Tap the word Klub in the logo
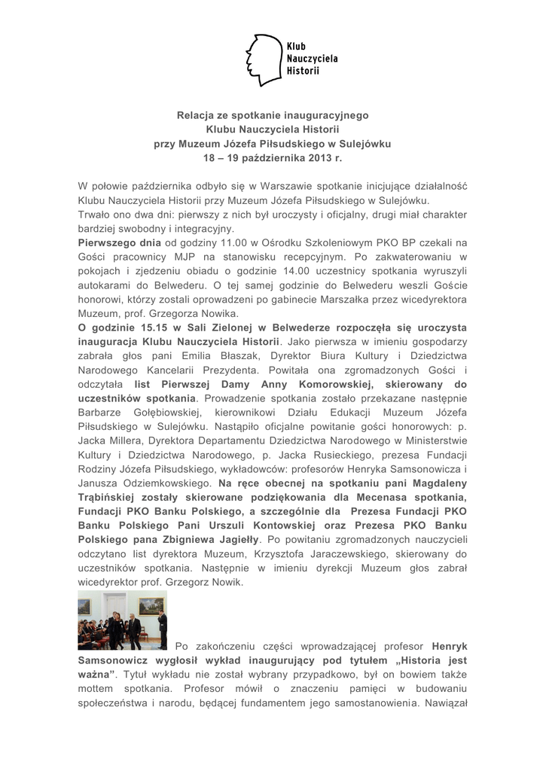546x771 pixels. pos(296,45)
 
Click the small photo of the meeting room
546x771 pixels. pos(122,620)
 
